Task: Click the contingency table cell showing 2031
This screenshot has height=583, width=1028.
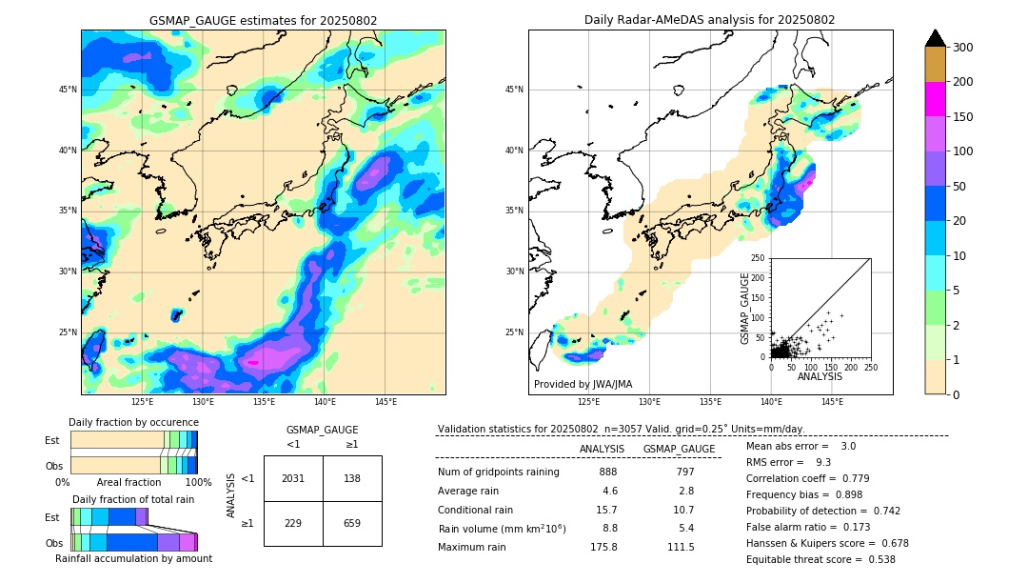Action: pos(293,478)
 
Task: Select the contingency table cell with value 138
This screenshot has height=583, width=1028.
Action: pos(352,478)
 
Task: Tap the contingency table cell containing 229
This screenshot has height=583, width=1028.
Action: pos(293,523)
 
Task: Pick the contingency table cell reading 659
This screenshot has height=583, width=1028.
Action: pos(352,523)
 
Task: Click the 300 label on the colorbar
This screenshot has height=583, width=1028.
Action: pos(964,48)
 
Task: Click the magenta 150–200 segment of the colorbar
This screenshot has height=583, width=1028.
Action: pos(936,99)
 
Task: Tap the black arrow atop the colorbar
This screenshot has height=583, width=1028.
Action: pos(936,37)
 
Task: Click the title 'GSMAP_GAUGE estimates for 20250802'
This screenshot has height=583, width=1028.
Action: pos(263,20)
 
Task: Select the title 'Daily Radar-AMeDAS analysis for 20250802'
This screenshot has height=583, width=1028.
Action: pos(710,20)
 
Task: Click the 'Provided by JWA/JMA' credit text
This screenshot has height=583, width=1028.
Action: pos(583,385)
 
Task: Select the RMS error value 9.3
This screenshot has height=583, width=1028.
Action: pos(823,462)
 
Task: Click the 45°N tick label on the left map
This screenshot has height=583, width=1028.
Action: pos(68,90)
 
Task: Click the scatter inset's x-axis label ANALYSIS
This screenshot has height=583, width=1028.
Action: pos(820,376)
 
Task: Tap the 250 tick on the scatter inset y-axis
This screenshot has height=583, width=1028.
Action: pos(759,258)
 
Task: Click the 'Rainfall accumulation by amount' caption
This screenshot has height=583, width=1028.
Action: pos(133,559)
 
